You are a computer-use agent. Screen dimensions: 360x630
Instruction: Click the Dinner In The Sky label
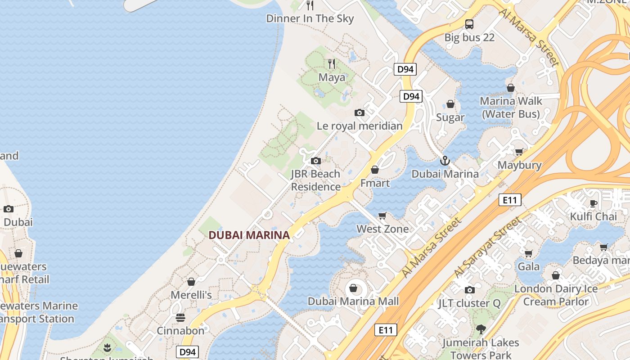(x=310, y=18)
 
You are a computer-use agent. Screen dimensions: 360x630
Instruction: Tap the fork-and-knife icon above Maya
(x=332, y=63)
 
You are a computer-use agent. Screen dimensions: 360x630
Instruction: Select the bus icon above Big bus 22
(x=469, y=24)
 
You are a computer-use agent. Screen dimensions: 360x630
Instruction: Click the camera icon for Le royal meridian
(x=359, y=112)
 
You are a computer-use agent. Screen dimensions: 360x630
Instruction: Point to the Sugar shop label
(x=450, y=117)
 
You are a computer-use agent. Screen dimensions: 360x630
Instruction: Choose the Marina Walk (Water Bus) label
(x=511, y=107)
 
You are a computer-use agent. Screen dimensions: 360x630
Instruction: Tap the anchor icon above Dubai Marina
(x=445, y=160)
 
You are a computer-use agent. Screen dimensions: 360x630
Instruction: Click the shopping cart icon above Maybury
(x=519, y=152)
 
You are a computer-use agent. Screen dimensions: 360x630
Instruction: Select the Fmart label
(x=375, y=183)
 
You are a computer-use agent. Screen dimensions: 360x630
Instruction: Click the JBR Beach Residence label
(x=315, y=180)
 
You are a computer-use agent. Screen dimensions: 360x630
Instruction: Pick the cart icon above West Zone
(x=382, y=216)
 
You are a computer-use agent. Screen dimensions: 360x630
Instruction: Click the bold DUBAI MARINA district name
(x=249, y=235)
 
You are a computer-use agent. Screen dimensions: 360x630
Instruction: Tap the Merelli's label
(x=191, y=295)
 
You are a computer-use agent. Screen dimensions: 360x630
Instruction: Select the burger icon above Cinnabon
(x=180, y=318)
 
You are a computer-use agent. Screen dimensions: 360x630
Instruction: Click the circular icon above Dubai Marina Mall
(x=353, y=288)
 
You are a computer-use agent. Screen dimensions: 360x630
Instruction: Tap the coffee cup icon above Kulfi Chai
(x=594, y=203)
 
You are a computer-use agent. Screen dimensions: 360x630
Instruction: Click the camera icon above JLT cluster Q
(x=469, y=290)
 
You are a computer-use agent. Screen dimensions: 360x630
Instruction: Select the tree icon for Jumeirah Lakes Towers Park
(x=481, y=329)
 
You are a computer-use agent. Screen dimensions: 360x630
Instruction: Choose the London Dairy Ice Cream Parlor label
(x=556, y=295)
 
